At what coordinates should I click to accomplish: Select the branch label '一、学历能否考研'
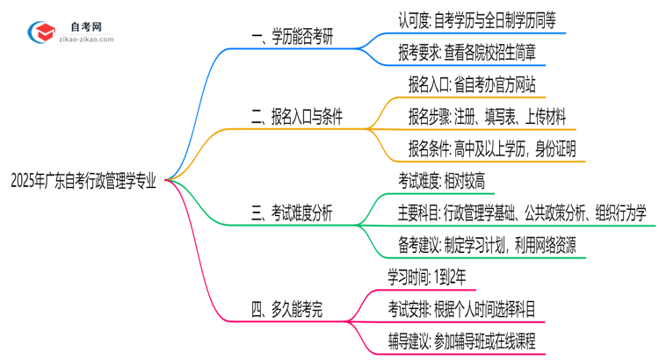[293, 40]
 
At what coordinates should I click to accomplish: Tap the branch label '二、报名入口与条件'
[296, 118]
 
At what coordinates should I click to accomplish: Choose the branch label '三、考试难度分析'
[292, 212]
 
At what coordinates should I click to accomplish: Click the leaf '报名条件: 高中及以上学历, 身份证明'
[492, 148]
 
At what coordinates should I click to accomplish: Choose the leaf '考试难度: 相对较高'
[442, 181]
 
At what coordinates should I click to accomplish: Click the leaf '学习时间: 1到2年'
[432, 277]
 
